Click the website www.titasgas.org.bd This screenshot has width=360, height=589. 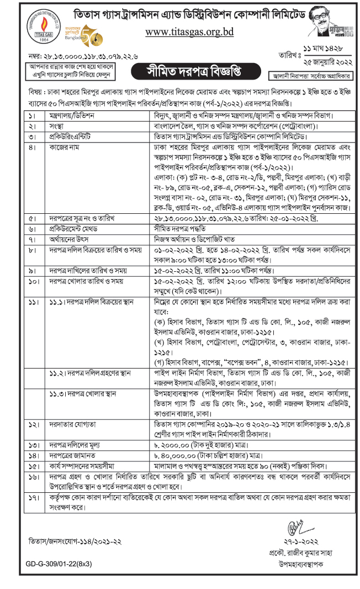pos(189,31)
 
